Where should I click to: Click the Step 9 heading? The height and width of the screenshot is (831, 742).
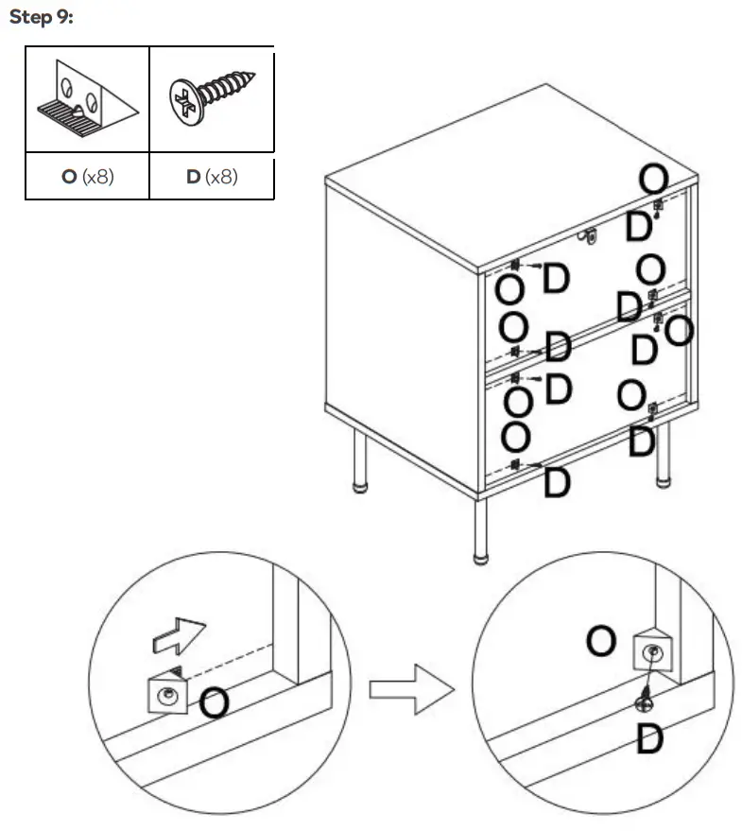click(x=41, y=19)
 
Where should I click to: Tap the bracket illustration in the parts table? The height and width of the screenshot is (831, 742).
click(x=87, y=100)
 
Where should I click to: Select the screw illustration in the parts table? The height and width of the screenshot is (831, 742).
click(x=212, y=98)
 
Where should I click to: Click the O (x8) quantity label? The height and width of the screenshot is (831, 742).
click(x=87, y=177)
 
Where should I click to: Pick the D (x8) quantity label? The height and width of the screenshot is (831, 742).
click(x=212, y=177)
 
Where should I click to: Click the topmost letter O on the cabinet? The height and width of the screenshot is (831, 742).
click(x=653, y=178)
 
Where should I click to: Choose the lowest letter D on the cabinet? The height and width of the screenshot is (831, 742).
click(x=558, y=482)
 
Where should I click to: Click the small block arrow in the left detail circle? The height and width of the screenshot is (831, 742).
click(x=178, y=635)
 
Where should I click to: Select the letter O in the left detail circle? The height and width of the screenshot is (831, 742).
click(x=215, y=701)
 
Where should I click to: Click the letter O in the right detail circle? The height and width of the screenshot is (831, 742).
click(x=601, y=642)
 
